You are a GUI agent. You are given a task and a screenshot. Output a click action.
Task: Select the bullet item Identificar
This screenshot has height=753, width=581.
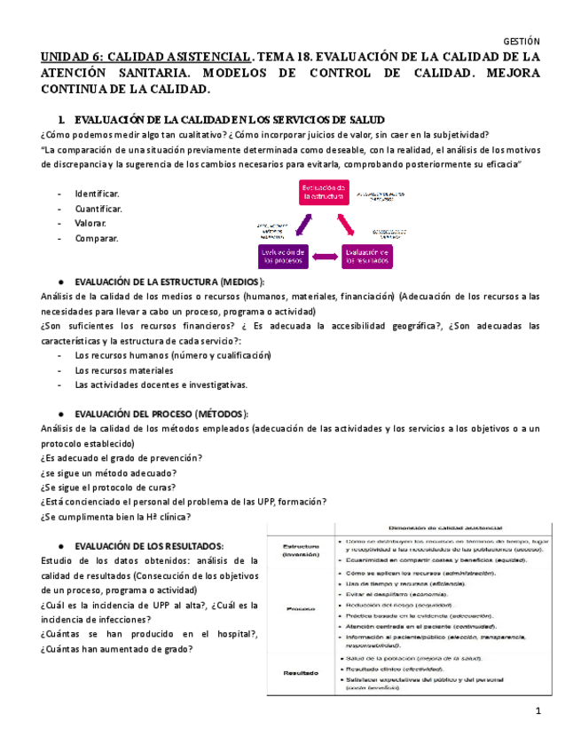click(x=98, y=194)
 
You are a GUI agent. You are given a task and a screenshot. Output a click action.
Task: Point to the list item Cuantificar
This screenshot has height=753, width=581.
click(x=99, y=209)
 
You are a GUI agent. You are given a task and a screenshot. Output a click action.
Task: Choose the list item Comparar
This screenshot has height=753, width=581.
click(x=97, y=238)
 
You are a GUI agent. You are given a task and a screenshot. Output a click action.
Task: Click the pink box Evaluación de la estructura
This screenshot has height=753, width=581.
click(x=323, y=194)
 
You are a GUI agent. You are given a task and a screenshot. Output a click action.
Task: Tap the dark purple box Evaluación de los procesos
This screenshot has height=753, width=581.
click(x=283, y=257)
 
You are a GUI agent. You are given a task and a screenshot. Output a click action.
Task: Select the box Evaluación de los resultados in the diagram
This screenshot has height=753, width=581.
click(x=367, y=257)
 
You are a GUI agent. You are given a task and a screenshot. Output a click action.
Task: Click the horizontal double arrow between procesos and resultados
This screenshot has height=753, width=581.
click(x=326, y=257)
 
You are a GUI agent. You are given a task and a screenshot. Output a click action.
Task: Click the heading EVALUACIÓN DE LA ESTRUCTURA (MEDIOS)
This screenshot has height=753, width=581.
click(x=169, y=281)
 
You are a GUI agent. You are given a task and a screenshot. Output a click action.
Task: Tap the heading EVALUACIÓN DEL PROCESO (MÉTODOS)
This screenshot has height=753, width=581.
click(x=161, y=414)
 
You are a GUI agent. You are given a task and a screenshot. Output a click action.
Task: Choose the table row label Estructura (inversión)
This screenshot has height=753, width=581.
click(x=299, y=551)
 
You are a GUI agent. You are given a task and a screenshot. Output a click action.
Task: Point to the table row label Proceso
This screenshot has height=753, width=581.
click(x=299, y=609)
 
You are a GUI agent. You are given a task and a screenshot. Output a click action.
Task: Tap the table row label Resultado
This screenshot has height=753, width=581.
click(x=299, y=673)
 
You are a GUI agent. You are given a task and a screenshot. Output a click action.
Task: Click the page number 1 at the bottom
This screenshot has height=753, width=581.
click(x=537, y=712)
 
